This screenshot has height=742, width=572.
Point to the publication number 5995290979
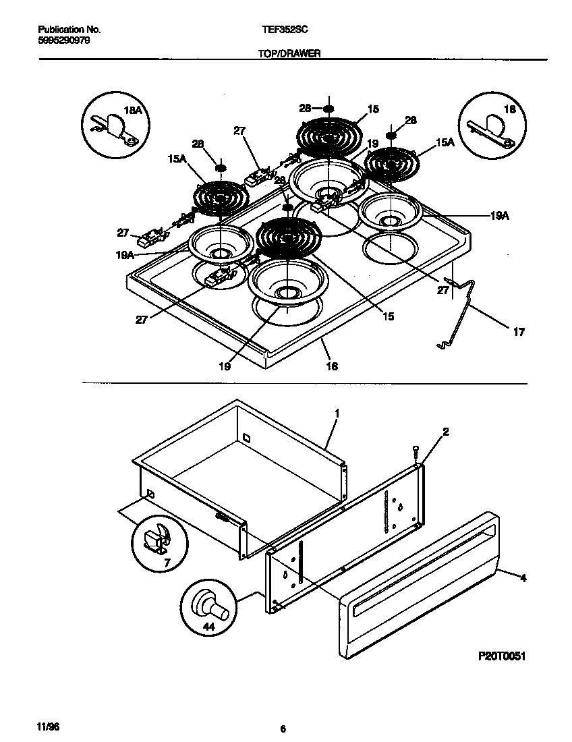tap(63, 40)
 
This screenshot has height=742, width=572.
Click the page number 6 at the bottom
tap(284, 729)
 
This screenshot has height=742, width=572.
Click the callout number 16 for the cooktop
tap(332, 366)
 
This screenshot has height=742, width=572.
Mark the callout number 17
tap(519, 332)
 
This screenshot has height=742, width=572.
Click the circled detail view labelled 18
tap(490, 123)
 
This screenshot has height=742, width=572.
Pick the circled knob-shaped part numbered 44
tap(208, 604)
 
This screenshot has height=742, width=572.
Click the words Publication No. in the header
tap(68, 30)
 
